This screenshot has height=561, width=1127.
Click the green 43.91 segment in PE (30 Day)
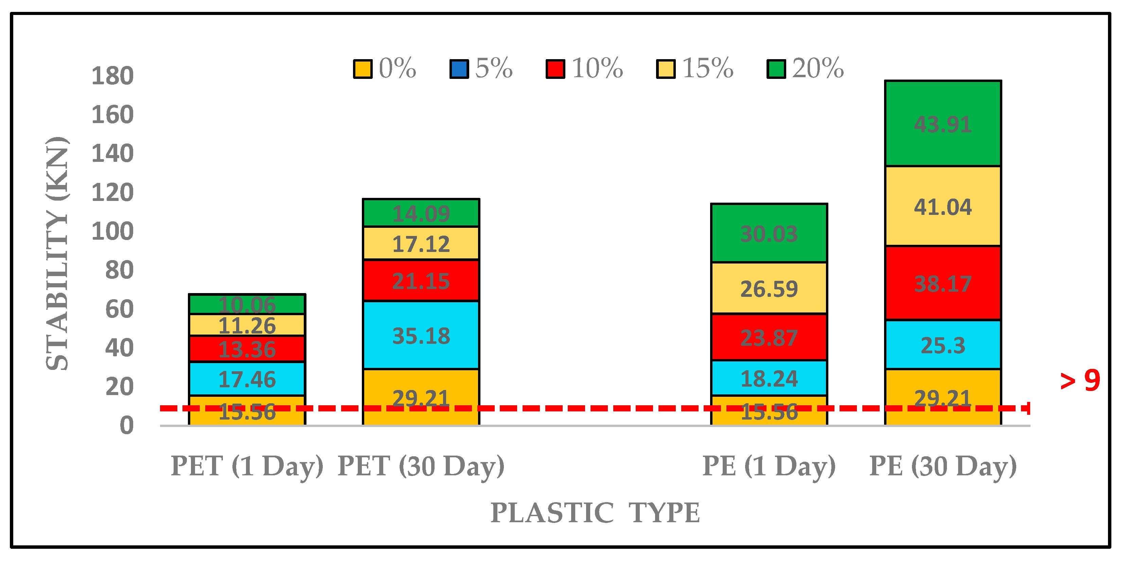coord(943,123)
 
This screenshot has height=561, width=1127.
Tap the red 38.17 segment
coord(943,283)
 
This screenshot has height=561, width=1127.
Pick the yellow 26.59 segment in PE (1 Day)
coord(769,288)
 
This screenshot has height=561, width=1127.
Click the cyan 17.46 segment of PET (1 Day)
coord(247,379)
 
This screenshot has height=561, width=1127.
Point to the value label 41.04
coord(943,207)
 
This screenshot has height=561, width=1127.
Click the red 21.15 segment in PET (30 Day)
coord(421,280)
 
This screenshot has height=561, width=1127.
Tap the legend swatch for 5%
coord(459,69)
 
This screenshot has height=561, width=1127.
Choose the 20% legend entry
coord(805,69)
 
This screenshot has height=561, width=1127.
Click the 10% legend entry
coord(584,69)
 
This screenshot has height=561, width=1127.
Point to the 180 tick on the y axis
coord(112,76)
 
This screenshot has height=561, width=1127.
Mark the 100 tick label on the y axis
coord(112,231)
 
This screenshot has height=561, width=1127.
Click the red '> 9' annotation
coord(1080,380)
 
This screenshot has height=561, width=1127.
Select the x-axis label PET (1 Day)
coord(247,466)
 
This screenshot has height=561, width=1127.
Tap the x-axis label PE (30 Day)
coord(943,466)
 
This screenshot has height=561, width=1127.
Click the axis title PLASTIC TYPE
coord(595,512)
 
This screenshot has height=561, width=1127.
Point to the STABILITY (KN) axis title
coord(58,254)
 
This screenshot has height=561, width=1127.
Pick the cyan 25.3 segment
coord(943,345)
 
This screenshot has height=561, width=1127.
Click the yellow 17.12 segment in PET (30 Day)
coord(421,243)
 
